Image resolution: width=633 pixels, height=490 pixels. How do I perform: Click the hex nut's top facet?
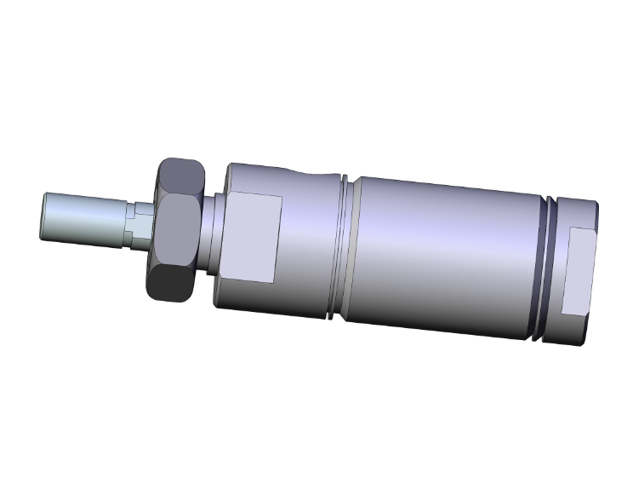click(180, 176)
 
